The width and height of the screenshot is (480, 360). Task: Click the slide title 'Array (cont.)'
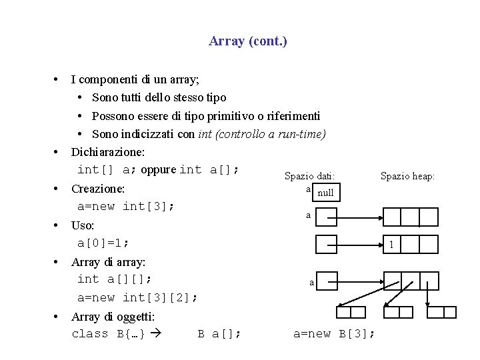pyautogui.click(x=248, y=41)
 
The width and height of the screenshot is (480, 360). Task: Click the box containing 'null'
pyautogui.click(x=325, y=193)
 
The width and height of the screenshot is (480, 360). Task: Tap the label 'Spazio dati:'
pyautogui.click(x=310, y=177)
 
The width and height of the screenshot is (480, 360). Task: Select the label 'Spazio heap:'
pyautogui.click(x=407, y=176)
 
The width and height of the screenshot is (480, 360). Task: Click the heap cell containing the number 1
pyautogui.click(x=392, y=244)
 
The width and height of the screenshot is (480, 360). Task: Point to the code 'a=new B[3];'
pyautogui.click(x=334, y=333)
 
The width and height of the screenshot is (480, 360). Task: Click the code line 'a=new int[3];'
pyautogui.click(x=126, y=206)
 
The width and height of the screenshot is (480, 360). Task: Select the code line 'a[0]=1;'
pyautogui.click(x=103, y=243)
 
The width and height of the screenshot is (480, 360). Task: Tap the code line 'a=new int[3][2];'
pyautogui.click(x=137, y=297)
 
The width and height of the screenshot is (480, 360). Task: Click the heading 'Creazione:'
pyautogui.click(x=98, y=189)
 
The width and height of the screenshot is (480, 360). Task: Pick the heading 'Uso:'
pyautogui.click(x=83, y=225)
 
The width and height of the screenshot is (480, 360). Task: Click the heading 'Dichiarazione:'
pyautogui.click(x=108, y=151)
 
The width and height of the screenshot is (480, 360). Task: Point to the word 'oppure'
pyautogui.click(x=158, y=169)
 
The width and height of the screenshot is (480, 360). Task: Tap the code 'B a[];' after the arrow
pyautogui.click(x=219, y=333)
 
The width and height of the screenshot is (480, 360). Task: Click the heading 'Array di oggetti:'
pyautogui.click(x=113, y=317)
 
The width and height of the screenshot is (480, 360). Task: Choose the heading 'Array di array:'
pyautogui.click(x=108, y=262)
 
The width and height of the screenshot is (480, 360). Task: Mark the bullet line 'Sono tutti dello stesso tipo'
pyautogui.click(x=159, y=97)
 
